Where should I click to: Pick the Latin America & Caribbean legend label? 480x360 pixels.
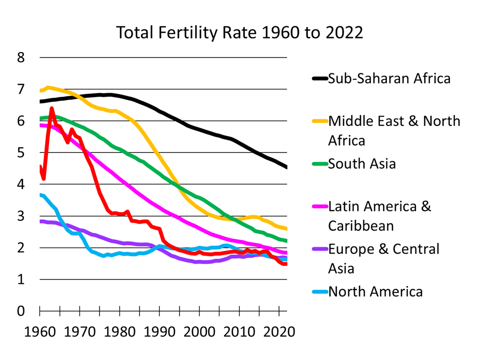pos(379,215)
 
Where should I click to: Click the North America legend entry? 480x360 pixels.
pos(375,291)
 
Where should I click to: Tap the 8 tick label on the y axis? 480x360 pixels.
pos(20,58)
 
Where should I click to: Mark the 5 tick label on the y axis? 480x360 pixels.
pos(20,153)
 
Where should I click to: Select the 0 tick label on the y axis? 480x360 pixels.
pos(20,311)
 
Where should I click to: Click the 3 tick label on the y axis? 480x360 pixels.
pos(20,216)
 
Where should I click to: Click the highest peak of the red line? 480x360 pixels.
pos(51,108)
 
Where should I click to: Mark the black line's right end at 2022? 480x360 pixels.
pos(286,167)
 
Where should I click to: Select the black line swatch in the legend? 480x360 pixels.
pos(319,78)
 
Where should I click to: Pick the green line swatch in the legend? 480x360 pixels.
pos(319,163)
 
